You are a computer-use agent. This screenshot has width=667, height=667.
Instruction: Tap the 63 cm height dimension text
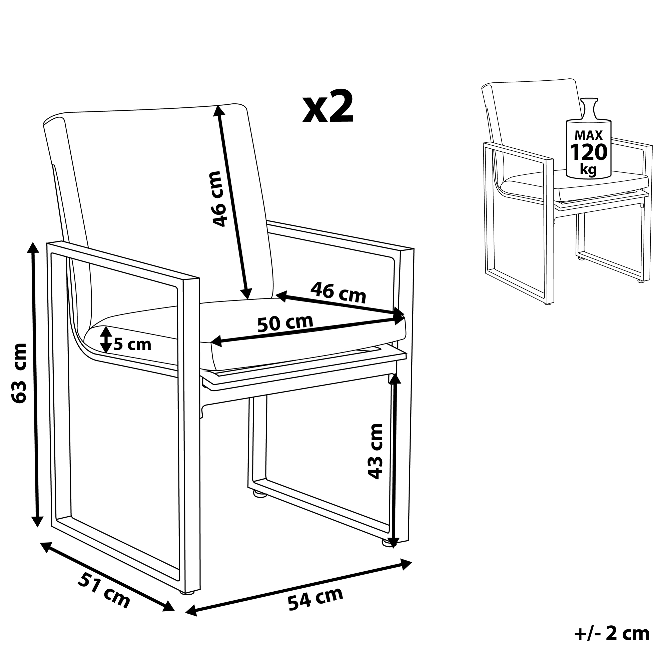click(19, 373)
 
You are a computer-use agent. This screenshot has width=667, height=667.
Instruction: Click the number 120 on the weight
click(588, 152)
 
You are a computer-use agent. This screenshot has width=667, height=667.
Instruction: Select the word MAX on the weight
click(588, 135)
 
